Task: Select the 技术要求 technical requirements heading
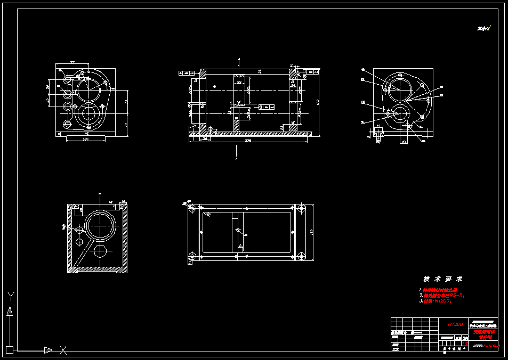(x=442, y=279)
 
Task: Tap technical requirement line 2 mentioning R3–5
(x=442, y=295)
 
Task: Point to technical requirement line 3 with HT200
(x=437, y=301)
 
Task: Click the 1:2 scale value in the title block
(x=464, y=343)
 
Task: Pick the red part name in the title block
(x=483, y=334)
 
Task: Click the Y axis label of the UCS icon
(x=10, y=296)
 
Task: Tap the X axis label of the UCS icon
(x=63, y=350)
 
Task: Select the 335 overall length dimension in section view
(x=248, y=141)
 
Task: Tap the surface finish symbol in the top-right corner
(x=485, y=28)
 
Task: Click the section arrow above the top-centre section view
(x=239, y=61)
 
